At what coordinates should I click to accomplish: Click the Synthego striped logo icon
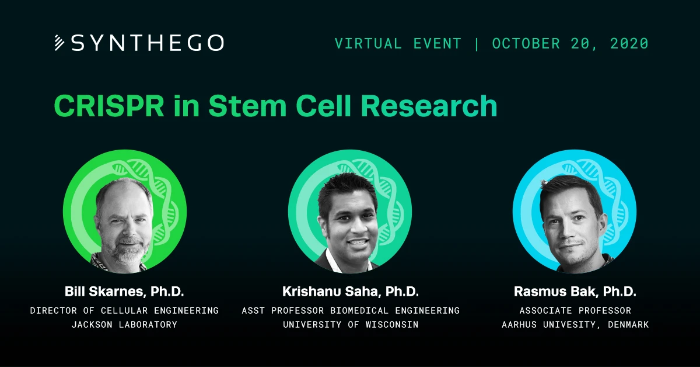click(x=59, y=43)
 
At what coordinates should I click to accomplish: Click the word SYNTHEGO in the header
click(x=148, y=43)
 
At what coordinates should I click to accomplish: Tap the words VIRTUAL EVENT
click(x=398, y=43)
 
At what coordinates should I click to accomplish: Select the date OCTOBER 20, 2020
click(x=570, y=43)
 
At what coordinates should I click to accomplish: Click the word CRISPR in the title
click(x=109, y=106)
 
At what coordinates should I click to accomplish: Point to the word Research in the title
click(x=429, y=106)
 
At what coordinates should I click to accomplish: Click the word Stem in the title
click(x=247, y=106)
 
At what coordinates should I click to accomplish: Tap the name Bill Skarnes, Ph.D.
click(x=124, y=292)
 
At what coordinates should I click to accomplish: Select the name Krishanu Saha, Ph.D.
click(x=351, y=292)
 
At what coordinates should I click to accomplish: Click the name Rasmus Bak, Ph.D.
click(x=575, y=292)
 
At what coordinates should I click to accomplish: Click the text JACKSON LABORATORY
click(x=124, y=324)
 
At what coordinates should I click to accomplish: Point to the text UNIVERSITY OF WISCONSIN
click(x=351, y=324)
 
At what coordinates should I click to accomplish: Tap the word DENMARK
click(x=628, y=324)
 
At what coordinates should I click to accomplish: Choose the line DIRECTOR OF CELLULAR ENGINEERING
click(x=124, y=310)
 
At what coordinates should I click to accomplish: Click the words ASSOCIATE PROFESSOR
click(x=575, y=310)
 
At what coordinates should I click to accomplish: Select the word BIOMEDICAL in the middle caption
click(x=359, y=310)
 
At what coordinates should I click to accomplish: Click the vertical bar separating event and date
click(x=477, y=43)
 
